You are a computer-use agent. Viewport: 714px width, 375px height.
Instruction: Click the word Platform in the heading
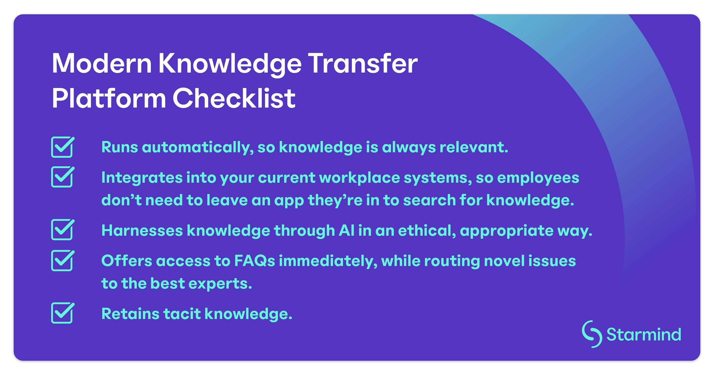109,98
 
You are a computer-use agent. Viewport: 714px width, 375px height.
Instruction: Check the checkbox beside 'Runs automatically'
63,147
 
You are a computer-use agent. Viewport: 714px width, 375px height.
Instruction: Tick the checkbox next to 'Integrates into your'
63,177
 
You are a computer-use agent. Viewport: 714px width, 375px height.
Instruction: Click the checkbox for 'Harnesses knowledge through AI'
63,230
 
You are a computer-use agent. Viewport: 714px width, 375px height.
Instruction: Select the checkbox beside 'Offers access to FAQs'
63,260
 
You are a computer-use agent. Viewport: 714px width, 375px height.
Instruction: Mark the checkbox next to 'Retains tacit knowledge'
63,313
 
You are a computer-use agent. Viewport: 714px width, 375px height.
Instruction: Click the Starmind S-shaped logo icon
592,334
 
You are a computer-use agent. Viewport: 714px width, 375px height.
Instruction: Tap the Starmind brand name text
643,335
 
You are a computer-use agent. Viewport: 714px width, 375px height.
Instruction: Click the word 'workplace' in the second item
359,178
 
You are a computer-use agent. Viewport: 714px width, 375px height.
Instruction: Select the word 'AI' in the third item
346,230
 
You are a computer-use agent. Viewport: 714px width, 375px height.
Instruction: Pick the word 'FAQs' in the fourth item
254,261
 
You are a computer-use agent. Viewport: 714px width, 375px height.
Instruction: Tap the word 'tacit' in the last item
182,314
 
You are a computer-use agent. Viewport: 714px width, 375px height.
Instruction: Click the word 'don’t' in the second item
121,200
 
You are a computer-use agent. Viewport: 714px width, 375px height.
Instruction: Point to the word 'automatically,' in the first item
198,148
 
